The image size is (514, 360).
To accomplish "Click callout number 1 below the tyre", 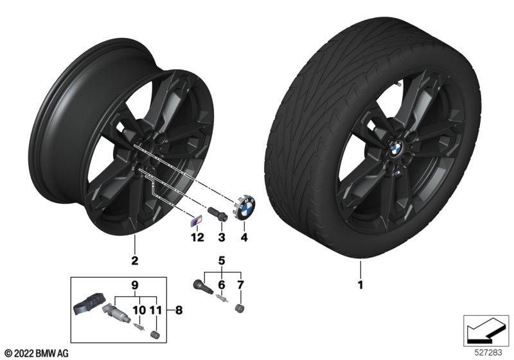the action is pyautogui.click(x=360, y=285).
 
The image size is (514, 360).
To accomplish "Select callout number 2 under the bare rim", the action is pyautogui.click(x=134, y=260).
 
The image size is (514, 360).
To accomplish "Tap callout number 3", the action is pyautogui.click(x=222, y=237).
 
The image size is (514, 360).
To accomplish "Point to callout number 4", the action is pyautogui.click(x=244, y=237).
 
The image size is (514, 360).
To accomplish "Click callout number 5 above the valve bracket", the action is pyautogui.click(x=222, y=261).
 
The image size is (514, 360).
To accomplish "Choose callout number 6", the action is pyautogui.click(x=222, y=285).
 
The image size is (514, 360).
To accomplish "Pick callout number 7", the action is pyautogui.click(x=240, y=285).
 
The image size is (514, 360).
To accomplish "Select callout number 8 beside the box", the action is pyautogui.click(x=179, y=310).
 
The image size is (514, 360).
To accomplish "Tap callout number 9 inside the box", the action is pyautogui.click(x=135, y=285).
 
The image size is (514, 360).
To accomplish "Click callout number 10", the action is pyautogui.click(x=139, y=310).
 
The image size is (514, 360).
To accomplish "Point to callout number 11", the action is pyautogui.click(x=156, y=310).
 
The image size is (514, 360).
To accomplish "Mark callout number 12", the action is pyautogui.click(x=198, y=237).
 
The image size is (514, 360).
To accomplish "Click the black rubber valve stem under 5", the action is pyautogui.click(x=202, y=287).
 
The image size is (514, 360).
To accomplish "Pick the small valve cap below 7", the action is pyautogui.click(x=240, y=309).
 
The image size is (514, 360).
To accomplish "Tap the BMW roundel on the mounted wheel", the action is pyautogui.click(x=396, y=148).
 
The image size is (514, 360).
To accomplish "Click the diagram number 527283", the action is pyautogui.click(x=488, y=352).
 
